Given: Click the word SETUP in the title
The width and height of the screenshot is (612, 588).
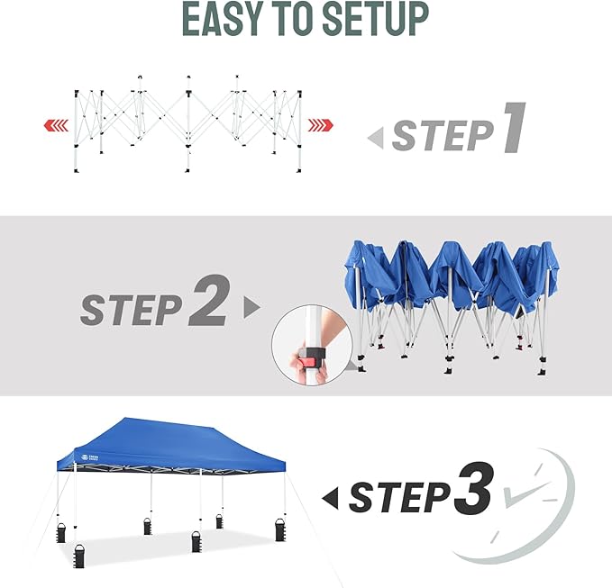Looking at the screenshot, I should click(x=376, y=19).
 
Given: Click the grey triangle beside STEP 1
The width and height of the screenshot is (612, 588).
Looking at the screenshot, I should click(x=376, y=138).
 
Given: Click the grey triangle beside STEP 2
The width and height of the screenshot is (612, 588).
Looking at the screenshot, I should click(x=251, y=308).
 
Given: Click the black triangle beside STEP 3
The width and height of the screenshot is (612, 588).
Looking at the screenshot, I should click(x=332, y=496).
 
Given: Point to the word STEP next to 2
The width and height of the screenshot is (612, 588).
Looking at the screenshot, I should click(x=131, y=310).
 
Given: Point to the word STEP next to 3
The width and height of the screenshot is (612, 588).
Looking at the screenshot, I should click(x=399, y=497).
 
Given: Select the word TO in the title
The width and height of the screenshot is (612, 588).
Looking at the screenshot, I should click(x=301, y=19).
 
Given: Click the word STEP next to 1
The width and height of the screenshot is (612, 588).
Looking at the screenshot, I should click(x=442, y=137).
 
